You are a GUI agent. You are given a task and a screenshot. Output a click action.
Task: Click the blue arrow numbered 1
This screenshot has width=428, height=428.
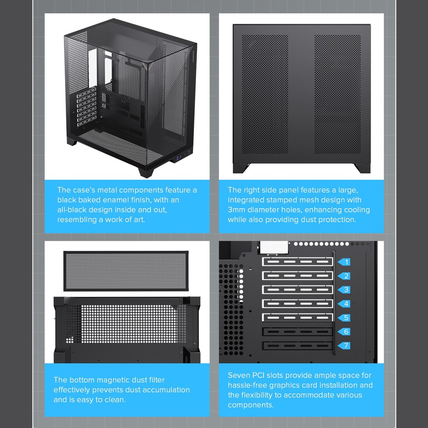[x=344, y=262]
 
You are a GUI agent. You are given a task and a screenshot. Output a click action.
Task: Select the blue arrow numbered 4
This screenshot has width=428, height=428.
[x=344, y=304]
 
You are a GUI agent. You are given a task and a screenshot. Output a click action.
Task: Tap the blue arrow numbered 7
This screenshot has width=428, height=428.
[x=344, y=346]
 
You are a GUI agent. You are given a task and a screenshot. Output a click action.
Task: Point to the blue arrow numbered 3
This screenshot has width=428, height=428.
[x=344, y=290]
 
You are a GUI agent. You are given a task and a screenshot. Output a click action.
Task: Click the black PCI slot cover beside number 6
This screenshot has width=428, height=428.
[x=298, y=331]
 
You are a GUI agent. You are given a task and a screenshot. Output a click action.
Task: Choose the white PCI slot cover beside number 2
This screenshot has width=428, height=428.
[x=298, y=276]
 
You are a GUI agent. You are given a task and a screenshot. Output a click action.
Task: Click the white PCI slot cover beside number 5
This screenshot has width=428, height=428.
[x=298, y=318]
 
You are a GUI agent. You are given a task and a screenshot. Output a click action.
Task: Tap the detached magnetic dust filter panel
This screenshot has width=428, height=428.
[x=126, y=271]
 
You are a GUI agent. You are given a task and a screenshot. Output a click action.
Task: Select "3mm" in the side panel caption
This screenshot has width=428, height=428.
[x=237, y=210]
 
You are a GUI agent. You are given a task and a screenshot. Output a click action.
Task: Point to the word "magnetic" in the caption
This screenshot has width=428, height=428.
[x=113, y=380]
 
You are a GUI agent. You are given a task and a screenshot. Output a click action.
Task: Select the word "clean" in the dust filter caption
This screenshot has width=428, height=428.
[x=115, y=400]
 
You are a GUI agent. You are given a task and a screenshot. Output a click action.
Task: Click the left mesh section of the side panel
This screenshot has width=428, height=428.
[x=265, y=94]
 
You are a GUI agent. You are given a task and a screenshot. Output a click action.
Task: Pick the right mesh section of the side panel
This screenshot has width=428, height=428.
[x=338, y=94]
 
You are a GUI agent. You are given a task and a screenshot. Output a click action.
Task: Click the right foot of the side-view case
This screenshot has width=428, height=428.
[x=362, y=168]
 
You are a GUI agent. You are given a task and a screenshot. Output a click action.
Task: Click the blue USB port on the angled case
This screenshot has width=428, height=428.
[x=178, y=159]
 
